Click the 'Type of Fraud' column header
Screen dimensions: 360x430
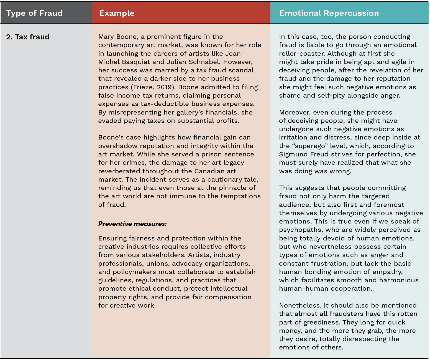(34, 13)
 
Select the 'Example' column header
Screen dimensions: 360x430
(117, 13)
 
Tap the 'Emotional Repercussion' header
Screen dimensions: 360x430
(329, 13)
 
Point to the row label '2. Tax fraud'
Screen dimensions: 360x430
(28, 37)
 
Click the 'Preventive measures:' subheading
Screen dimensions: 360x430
(132, 224)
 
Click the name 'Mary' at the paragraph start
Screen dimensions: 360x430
(106, 37)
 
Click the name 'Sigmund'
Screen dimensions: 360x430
(292, 154)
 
